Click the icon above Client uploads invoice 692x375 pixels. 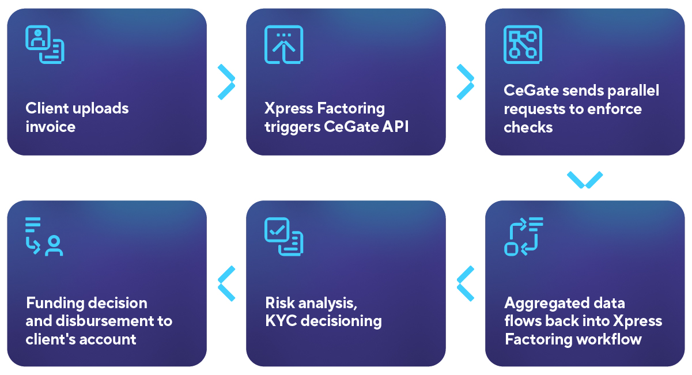click(44, 44)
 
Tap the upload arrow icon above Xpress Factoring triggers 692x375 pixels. click(283, 44)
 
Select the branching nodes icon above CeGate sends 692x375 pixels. click(523, 44)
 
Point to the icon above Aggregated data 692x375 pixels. click(523, 236)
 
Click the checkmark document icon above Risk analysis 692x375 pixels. click(283, 236)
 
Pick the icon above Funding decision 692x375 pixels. click(44, 236)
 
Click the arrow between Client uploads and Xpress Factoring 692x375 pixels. click(226, 82)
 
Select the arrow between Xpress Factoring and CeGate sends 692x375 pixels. click(466, 82)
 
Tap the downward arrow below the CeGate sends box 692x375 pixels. click(585, 180)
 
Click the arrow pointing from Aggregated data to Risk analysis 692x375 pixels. click(466, 283)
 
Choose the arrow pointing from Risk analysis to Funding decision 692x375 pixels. click(226, 283)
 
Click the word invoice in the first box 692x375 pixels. click(51, 127)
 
